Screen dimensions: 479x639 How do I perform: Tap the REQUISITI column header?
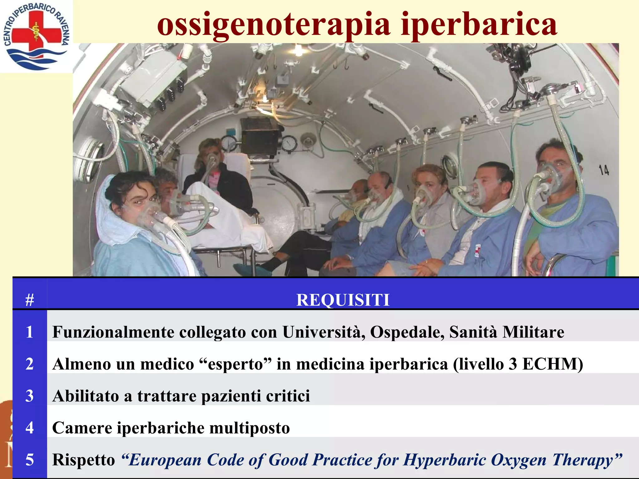[343, 300]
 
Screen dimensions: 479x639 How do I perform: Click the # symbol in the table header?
[30, 300]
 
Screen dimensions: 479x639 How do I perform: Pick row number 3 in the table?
[30, 396]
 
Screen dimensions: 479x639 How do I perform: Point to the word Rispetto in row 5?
[84, 460]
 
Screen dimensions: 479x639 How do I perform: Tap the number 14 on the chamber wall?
[603, 170]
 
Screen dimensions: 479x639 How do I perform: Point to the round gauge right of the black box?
[289, 143]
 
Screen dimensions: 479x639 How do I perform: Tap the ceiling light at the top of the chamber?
[299, 50]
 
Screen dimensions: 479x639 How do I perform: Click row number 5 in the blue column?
[30, 460]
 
